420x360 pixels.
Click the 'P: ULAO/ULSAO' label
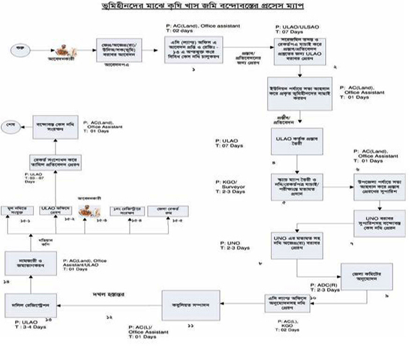[295, 30]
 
